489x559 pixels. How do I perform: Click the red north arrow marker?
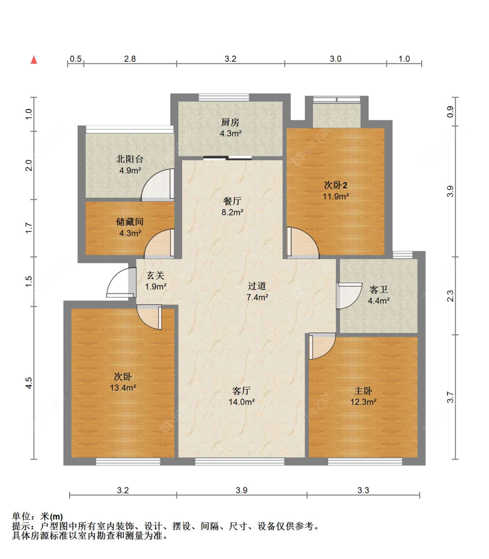(x=34, y=60)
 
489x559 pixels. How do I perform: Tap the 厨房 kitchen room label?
(x=230, y=122)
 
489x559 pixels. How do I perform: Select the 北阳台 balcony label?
(x=130, y=159)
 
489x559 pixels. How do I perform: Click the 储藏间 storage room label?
(x=130, y=222)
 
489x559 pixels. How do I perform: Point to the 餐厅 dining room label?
(x=232, y=201)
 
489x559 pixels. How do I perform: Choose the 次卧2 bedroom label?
(x=336, y=185)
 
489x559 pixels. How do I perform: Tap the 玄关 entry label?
(x=155, y=276)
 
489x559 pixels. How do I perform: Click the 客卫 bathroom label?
(x=379, y=289)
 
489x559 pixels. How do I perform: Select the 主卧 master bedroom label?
(x=363, y=391)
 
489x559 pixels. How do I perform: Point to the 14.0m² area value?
(x=242, y=402)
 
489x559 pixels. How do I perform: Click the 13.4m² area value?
(x=123, y=388)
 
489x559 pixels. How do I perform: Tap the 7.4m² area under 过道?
(x=257, y=297)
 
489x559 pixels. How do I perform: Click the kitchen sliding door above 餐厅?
(x=227, y=158)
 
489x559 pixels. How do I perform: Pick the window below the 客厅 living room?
(x=240, y=462)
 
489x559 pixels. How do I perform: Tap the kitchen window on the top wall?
(x=224, y=97)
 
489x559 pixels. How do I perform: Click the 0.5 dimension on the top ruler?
(x=76, y=59)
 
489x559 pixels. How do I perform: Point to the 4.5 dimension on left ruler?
(x=29, y=383)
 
